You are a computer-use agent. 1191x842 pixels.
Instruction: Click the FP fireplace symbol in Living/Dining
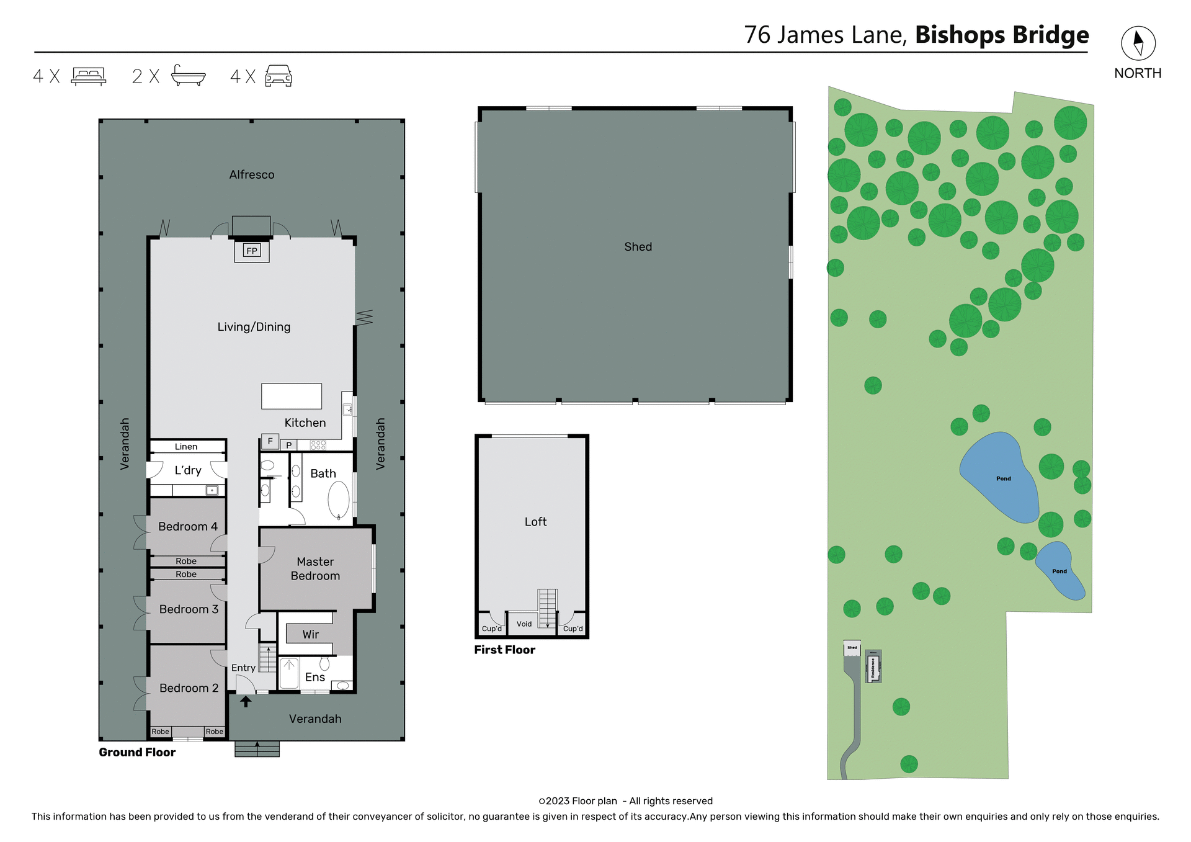(x=252, y=251)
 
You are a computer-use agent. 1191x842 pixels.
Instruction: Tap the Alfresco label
(x=252, y=175)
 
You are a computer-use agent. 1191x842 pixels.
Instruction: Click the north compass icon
(x=1138, y=43)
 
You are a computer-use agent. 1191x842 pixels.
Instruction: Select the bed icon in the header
(x=89, y=76)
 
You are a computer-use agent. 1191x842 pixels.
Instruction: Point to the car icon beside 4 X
(x=279, y=76)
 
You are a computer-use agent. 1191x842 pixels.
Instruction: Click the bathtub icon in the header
(x=188, y=76)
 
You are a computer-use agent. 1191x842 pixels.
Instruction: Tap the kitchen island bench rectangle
(x=292, y=396)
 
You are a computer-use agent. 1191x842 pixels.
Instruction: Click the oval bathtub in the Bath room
(x=339, y=499)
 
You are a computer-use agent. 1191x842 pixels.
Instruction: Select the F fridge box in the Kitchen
(x=270, y=441)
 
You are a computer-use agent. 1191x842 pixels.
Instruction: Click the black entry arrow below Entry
(x=246, y=701)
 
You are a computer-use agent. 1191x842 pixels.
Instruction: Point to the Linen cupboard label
(x=186, y=447)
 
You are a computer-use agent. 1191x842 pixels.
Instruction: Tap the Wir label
(x=310, y=635)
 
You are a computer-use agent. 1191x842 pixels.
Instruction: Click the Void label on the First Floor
(x=524, y=624)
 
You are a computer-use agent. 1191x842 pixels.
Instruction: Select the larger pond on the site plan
(x=1000, y=477)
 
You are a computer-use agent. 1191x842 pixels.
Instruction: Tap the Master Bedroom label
(x=315, y=568)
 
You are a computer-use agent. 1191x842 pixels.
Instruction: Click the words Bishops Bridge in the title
(x=1002, y=35)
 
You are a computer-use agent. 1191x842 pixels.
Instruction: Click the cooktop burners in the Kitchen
(x=318, y=445)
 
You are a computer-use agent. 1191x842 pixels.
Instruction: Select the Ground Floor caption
(x=137, y=753)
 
